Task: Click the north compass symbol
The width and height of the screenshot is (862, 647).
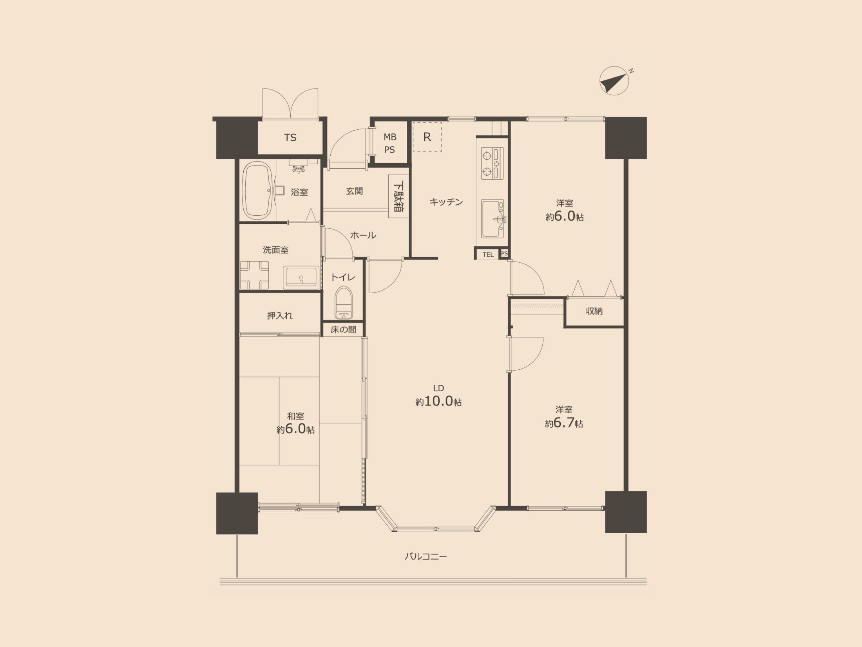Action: pos(614,81)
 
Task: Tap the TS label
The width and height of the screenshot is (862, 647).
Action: pos(290,138)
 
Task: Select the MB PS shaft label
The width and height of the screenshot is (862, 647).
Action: pos(390,143)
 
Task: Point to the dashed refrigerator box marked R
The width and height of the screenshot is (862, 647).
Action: pos(427,137)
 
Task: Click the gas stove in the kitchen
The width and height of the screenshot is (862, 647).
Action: pos(493,163)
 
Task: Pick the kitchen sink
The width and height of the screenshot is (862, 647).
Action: pos(493,218)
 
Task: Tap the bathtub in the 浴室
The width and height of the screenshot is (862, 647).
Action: pos(258,191)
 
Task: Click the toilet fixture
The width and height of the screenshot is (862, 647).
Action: pos(344,302)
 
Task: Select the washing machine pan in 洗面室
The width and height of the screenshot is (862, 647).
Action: pos(254,275)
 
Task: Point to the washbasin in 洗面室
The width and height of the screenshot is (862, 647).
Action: pos(301,277)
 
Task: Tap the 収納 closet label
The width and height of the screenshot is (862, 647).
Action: pos(594,311)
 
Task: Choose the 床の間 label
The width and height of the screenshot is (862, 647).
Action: pos(344,329)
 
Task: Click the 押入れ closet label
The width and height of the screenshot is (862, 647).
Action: pos(280,315)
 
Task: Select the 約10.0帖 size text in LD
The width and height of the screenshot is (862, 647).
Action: pos(438,402)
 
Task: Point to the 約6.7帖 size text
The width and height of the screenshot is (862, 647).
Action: pos(564,423)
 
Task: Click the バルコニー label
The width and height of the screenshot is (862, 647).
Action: pos(426,556)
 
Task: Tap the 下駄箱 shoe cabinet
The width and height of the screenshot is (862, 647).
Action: pos(398,196)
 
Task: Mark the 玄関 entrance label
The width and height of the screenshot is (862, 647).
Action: pos(355,191)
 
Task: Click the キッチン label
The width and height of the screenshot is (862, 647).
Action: pos(446,202)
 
